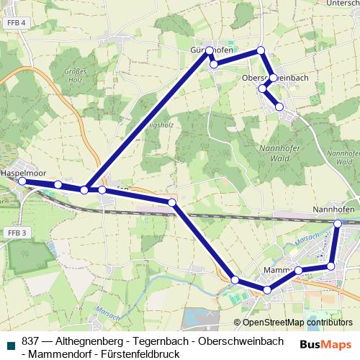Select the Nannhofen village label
point(335,210)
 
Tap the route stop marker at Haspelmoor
point(22,181)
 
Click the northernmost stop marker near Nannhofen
point(338,224)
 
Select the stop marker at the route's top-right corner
point(261,50)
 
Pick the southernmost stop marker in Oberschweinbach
point(279,107)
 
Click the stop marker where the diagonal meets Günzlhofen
point(210,50)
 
